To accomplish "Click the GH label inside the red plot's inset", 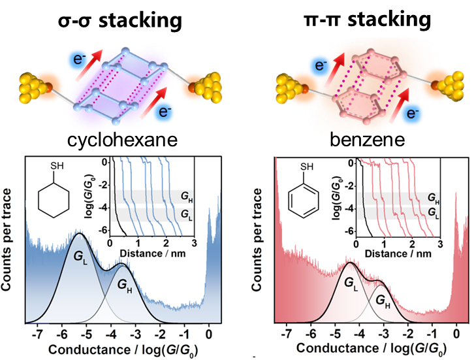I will [x=432, y=196].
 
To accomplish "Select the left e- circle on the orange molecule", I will [x=320, y=65].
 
